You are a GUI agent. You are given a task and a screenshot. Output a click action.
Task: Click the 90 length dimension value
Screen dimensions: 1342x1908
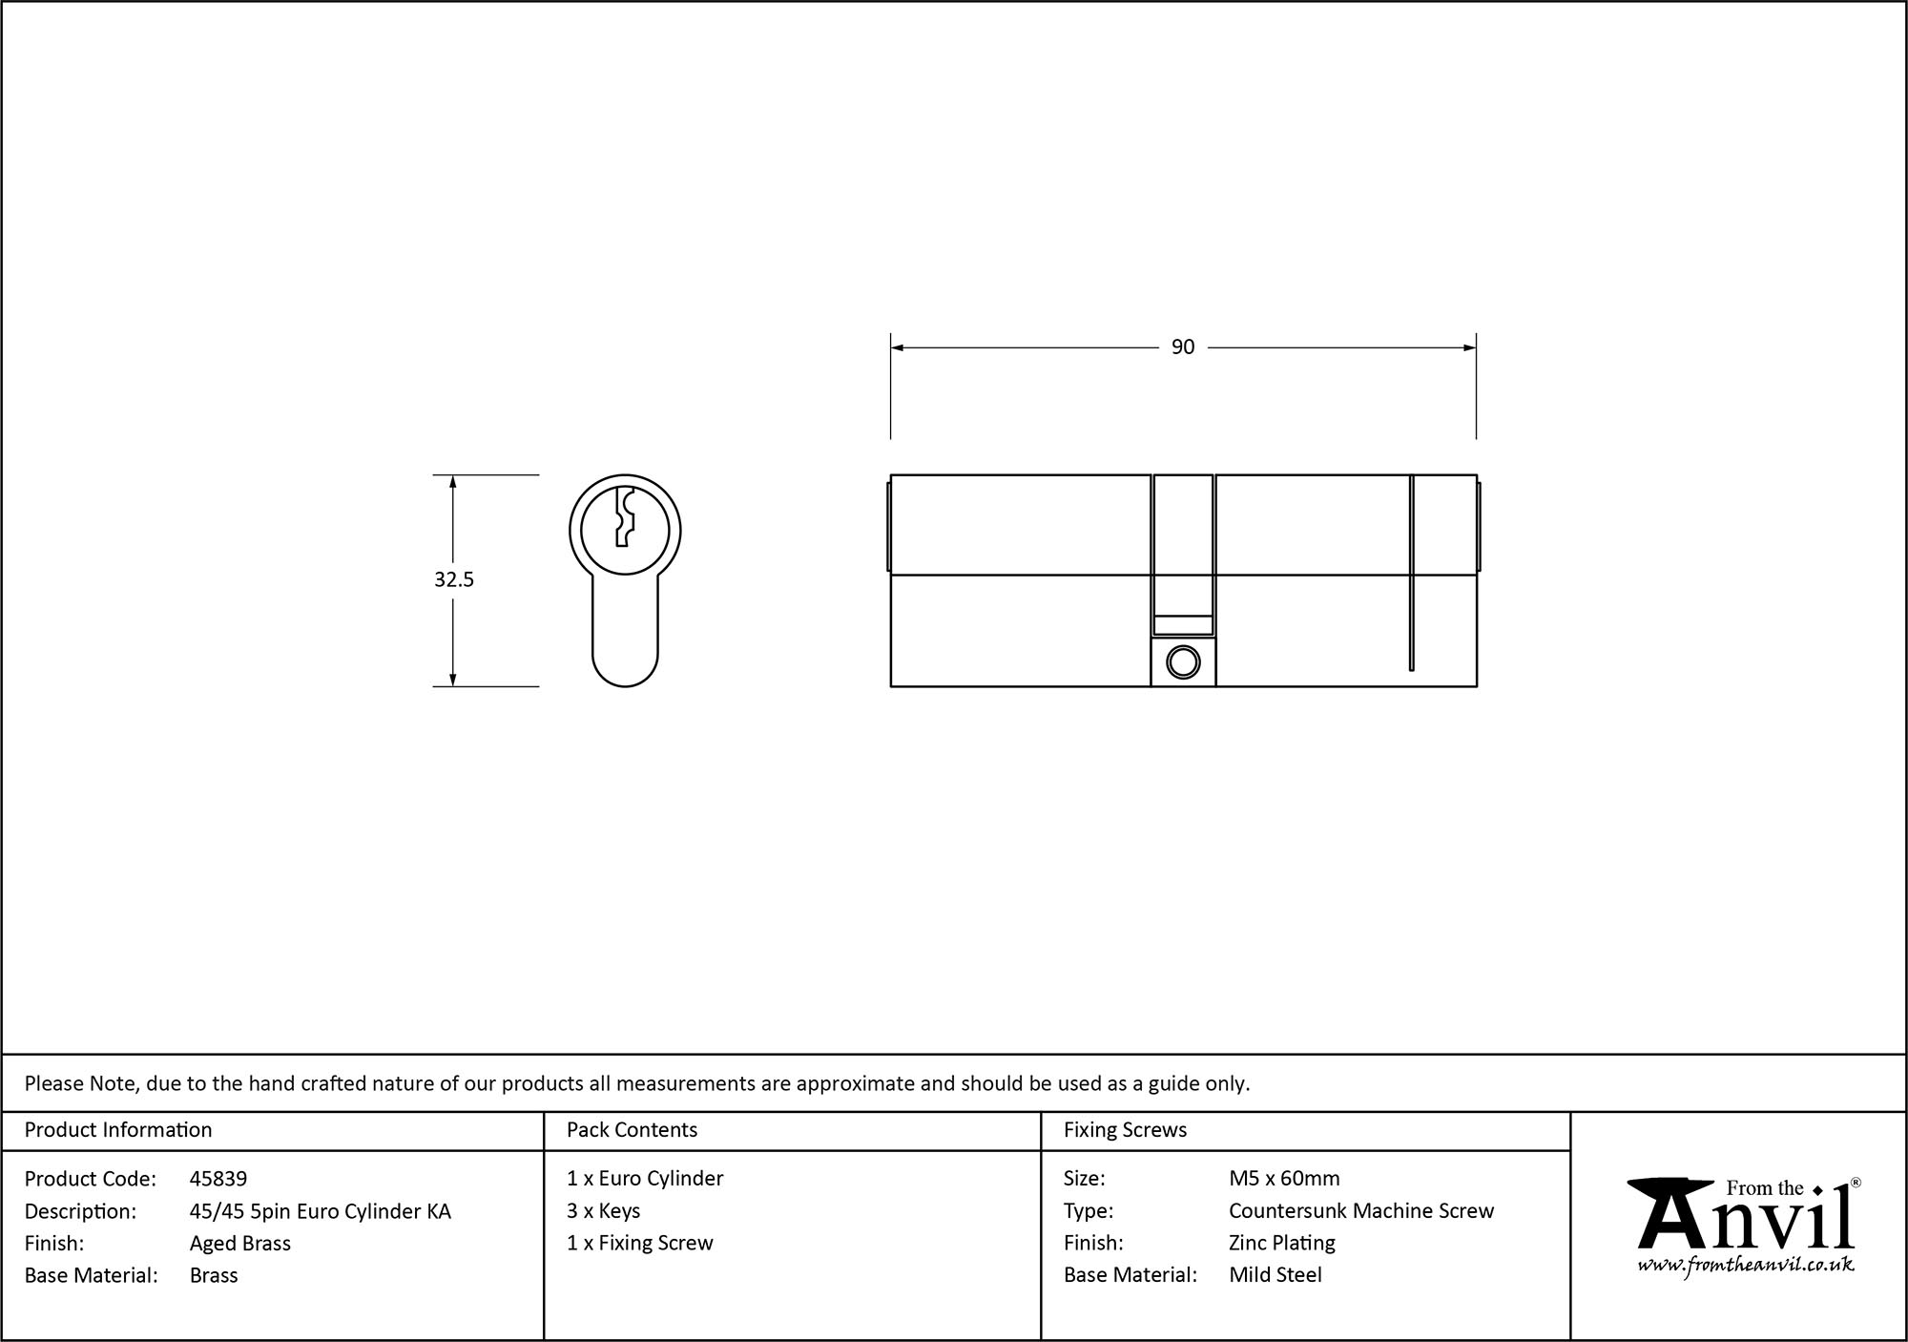point(1182,347)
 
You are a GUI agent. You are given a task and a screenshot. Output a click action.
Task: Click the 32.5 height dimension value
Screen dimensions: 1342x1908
point(454,579)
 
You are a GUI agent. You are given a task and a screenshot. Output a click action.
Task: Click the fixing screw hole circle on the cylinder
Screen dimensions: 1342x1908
point(1183,661)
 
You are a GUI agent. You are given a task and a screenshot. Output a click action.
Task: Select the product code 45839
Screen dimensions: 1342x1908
point(218,1179)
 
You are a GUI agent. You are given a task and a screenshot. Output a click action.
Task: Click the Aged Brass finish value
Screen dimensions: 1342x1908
point(240,1243)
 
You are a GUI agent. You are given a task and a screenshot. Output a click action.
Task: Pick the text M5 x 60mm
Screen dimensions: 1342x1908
point(1284,1179)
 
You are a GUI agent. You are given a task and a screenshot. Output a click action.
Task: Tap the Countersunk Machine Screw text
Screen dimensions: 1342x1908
point(1361,1211)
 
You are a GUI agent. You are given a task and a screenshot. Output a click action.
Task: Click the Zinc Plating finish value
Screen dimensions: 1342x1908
point(1282,1243)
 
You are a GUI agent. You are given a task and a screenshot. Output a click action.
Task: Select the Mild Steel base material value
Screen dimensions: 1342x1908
point(1275,1275)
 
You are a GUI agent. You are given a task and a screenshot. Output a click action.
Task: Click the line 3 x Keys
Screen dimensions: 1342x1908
point(603,1211)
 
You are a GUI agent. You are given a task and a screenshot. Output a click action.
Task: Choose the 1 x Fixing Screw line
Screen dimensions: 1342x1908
point(639,1243)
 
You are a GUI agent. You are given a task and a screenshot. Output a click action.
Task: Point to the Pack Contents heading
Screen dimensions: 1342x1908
point(632,1130)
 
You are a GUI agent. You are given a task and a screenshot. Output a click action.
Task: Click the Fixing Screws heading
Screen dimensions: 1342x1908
point(1125,1130)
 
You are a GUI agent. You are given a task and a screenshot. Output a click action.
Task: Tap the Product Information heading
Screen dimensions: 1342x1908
point(118,1130)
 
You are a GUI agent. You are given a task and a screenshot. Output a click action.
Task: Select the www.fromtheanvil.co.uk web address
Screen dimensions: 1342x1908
point(1746,1266)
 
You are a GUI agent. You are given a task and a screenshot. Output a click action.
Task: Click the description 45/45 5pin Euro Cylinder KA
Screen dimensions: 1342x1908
point(321,1211)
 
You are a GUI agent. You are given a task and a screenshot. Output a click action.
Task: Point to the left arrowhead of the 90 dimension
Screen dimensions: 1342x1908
point(898,347)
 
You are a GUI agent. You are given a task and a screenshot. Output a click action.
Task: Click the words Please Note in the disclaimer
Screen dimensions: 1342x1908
point(82,1083)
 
